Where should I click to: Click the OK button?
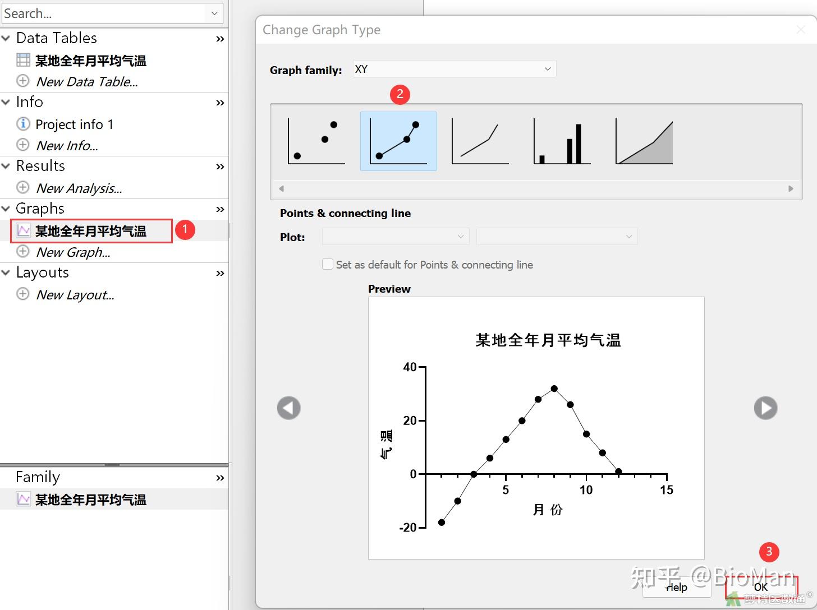point(761,588)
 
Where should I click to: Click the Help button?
point(677,588)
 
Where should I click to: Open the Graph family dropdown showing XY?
point(454,69)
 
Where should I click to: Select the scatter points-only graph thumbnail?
point(316,141)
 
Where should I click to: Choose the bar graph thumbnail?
point(562,141)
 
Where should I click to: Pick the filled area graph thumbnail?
point(644,141)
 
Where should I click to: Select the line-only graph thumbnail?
point(480,141)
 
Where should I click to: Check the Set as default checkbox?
point(328,264)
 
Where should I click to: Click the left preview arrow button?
point(289,408)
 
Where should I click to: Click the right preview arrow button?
point(765,408)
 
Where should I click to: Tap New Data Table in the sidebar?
point(86,82)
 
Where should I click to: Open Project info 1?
point(74,124)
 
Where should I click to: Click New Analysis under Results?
point(79,188)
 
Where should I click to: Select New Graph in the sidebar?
point(73,252)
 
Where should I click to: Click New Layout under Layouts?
point(75,295)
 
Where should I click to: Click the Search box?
point(105,13)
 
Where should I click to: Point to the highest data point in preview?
point(554,389)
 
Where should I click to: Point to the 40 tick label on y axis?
point(410,367)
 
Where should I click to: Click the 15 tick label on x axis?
point(666,490)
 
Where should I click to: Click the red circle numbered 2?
point(400,94)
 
